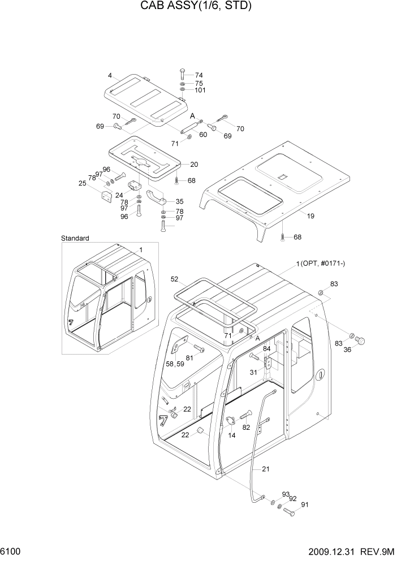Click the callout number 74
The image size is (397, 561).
(x=198, y=75)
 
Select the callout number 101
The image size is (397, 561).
(x=200, y=90)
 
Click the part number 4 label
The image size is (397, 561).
(x=110, y=75)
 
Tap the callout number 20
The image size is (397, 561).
(x=194, y=165)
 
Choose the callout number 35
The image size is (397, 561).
(x=179, y=201)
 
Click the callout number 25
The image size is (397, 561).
(x=83, y=184)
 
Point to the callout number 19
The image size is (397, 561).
(x=310, y=216)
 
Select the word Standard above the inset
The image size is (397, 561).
(x=75, y=239)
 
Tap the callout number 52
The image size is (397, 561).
(x=174, y=279)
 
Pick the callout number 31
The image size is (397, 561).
(x=253, y=372)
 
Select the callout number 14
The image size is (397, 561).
(x=232, y=435)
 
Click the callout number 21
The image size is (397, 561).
(x=266, y=468)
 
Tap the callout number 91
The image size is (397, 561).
(x=305, y=505)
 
